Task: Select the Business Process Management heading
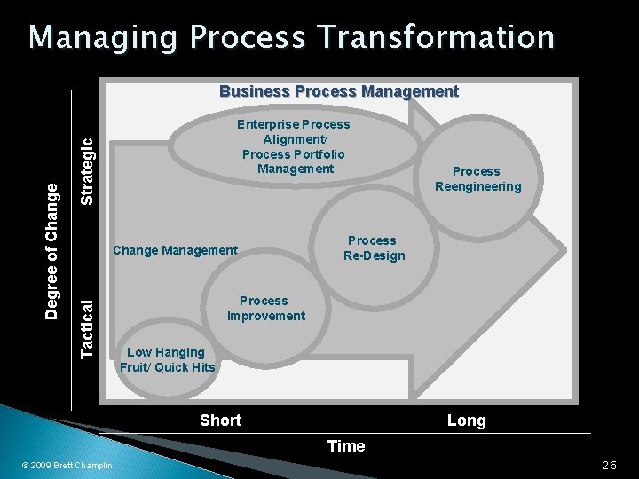tap(338, 91)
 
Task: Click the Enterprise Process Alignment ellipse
tap(293, 146)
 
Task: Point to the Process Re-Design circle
tap(373, 248)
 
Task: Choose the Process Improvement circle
tap(264, 309)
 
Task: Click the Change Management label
tap(175, 250)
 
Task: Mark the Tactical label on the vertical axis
tap(87, 328)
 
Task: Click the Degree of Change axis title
tap(53, 251)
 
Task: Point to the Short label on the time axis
tap(220, 420)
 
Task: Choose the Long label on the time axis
tap(466, 420)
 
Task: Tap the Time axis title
tap(346, 446)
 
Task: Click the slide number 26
tap(609, 466)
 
